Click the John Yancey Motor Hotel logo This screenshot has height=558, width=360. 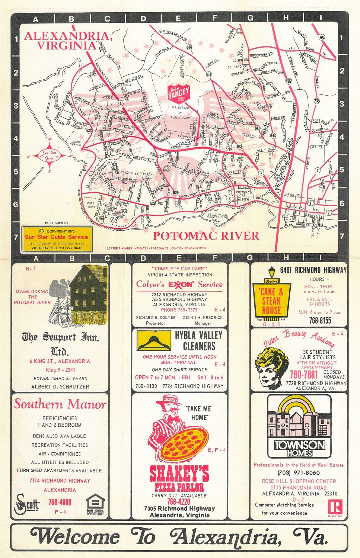click(x=179, y=93)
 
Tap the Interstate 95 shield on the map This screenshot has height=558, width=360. click(x=321, y=37)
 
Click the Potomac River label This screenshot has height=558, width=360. click(x=206, y=235)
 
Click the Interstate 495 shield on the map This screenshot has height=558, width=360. click(x=289, y=81)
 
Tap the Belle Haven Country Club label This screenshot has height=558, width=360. click(x=218, y=216)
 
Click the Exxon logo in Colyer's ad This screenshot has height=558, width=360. click(x=181, y=285)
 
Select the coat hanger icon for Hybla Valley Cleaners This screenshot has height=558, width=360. click(x=154, y=340)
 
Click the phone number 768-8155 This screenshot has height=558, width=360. click(x=320, y=320)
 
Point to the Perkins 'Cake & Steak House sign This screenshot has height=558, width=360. click(x=271, y=299)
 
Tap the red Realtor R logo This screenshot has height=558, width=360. click(x=335, y=507)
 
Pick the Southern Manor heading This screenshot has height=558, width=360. click(x=60, y=404)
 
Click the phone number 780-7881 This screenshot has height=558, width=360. click(x=304, y=374)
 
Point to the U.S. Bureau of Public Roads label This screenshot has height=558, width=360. click(x=180, y=112)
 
